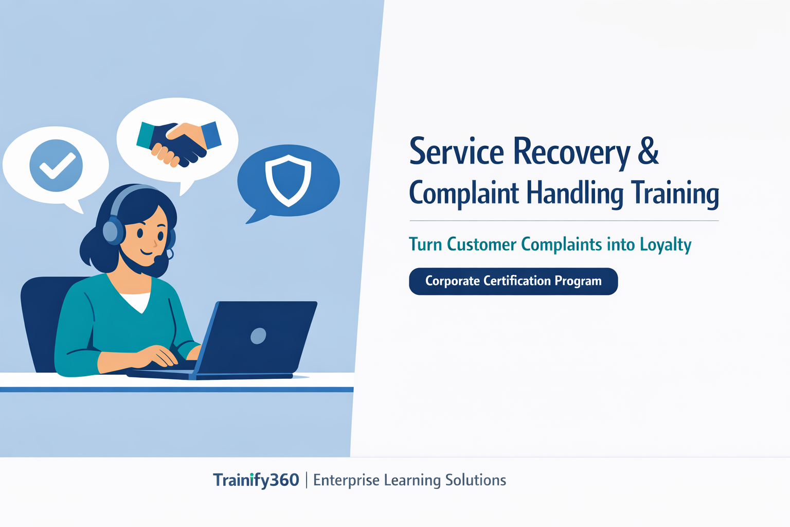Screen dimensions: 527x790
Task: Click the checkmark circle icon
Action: coord(56,165)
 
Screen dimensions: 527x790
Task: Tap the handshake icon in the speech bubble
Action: coord(179,143)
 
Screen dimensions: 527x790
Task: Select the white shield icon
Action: coord(288,179)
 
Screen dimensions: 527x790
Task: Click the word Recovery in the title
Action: coord(571,152)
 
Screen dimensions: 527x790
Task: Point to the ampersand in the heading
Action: coord(648,151)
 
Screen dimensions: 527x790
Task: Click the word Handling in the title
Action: coord(574,194)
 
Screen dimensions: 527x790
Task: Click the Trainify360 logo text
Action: coord(256,480)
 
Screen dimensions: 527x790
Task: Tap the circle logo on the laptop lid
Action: coord(258,336)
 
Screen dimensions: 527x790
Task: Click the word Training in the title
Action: coord(675,194)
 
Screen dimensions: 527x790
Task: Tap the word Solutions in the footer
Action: coord(475,480)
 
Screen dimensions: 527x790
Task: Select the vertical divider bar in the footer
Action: coord(307,480)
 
